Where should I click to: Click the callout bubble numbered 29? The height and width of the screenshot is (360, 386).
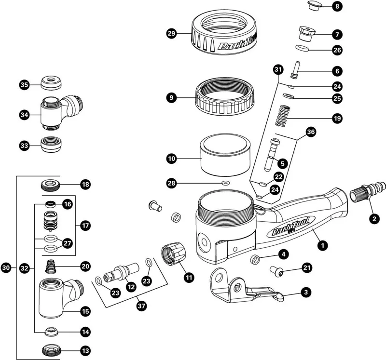(x=171, y=34)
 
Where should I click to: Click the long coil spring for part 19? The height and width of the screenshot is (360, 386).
(x=288, y=118)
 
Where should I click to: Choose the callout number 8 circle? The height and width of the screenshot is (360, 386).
(x=337, y=7)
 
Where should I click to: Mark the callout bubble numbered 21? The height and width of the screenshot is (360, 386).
(x=306, y=267)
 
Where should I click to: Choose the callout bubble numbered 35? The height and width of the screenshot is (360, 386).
(x=24, y=85)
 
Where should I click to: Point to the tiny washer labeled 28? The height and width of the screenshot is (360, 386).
(x=225, y=183)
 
